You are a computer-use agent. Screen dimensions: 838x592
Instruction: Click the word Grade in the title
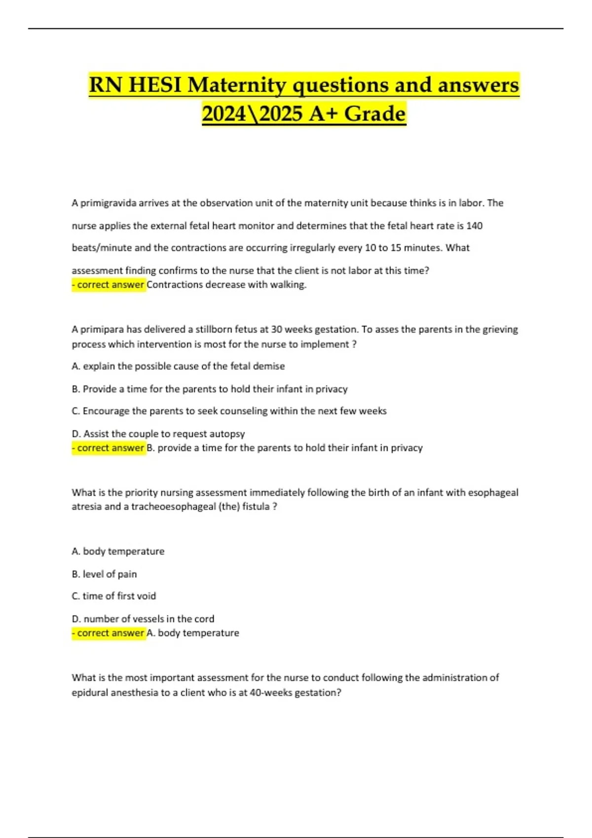374,114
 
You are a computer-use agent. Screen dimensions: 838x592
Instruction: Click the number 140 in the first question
474,226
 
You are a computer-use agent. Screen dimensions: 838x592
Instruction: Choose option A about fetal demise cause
178,366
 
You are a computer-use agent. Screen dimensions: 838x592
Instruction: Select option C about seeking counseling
229,411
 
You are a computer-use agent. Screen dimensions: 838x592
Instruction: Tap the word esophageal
493,492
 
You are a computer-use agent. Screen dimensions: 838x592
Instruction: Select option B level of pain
104,574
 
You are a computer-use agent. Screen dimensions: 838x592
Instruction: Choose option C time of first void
113,596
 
